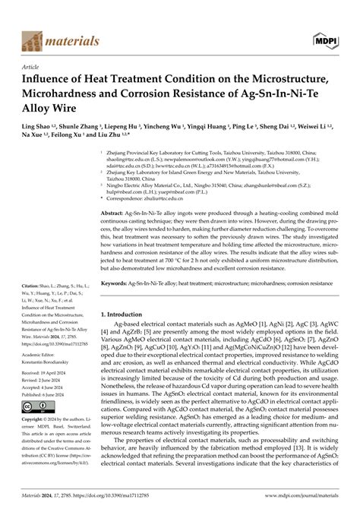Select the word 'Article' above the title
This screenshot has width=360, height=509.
coord(32,66)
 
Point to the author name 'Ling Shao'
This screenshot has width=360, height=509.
coord(38,124)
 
